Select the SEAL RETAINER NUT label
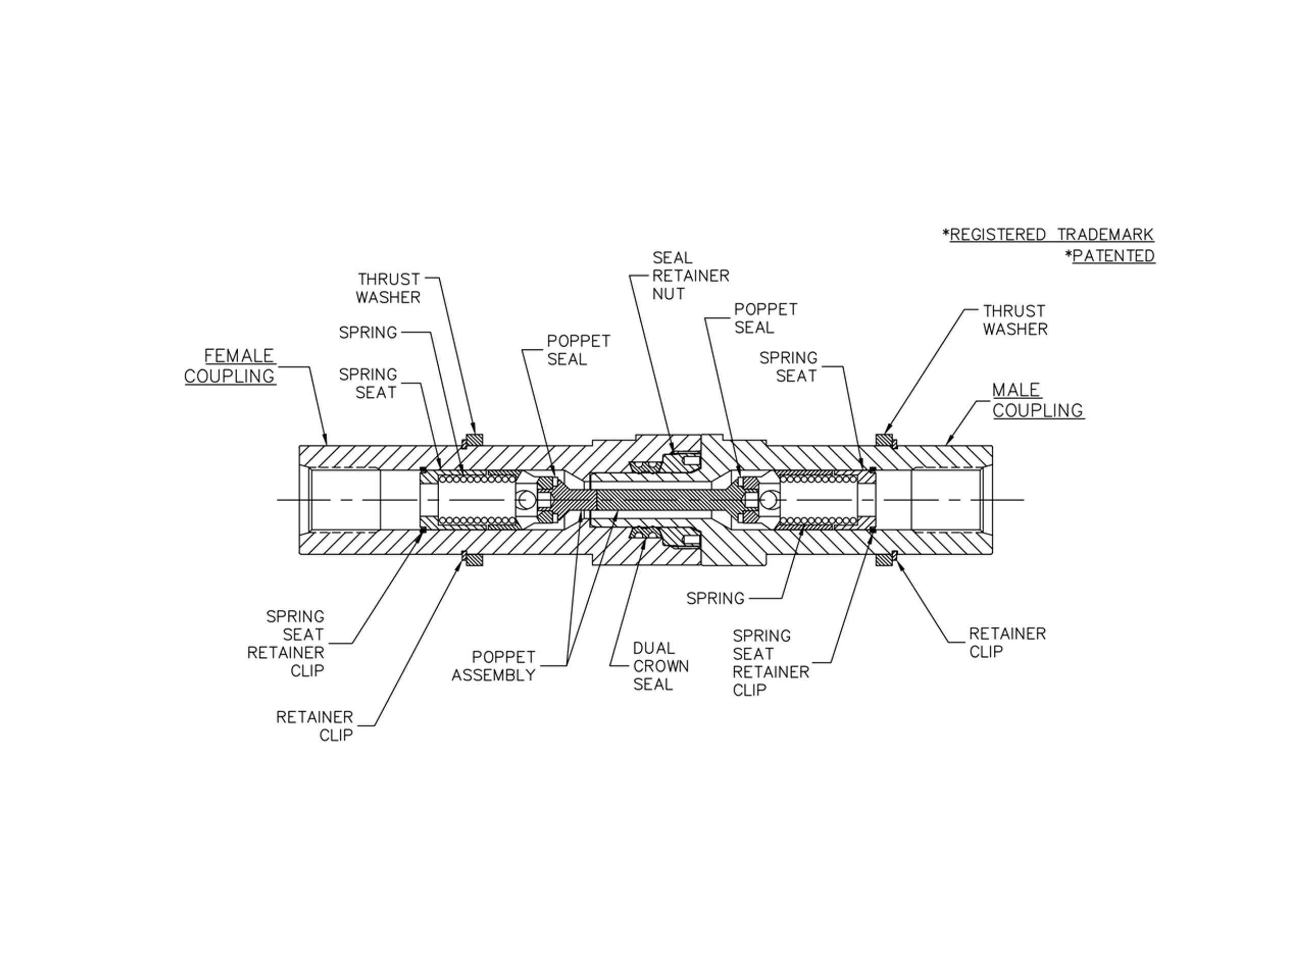click(x=690, y=275)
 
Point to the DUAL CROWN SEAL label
click(x=660, y=666)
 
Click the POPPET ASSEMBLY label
click(x=494, y=665)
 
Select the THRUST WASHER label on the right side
click(x=1014, y=320)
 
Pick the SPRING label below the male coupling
click(x=715, y=599)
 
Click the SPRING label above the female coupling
click(x=368, y=333)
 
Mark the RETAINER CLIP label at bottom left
click(x=315, y=726)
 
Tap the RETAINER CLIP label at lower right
click(x=1007, y=642)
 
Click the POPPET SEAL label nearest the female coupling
click(x=577, y=350)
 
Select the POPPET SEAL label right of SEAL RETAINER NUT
click(x=765, y=318)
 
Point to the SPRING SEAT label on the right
click(x=788, y=367)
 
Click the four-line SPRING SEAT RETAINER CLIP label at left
click(x=286, y=643)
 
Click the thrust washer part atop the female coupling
click(x=474, y=440)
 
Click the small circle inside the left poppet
click(x=526, y=500)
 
